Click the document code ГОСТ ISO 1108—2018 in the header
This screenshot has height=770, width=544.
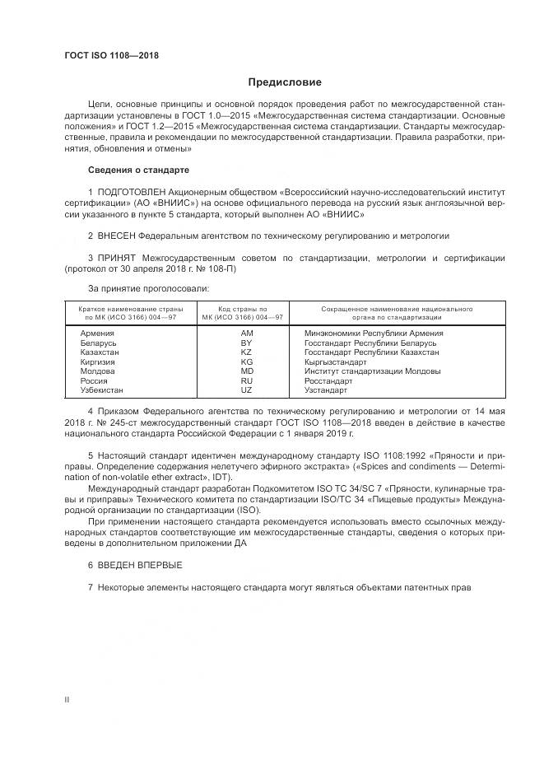point(111,56)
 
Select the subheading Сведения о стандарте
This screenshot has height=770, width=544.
point(138,170)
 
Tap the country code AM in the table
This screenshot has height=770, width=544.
point(246,333)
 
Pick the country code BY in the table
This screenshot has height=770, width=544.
point(246,342)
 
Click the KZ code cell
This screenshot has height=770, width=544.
point(246,352)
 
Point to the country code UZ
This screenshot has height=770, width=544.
point(246,390)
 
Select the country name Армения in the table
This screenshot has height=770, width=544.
point(98,333)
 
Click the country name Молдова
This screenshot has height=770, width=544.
point(98,371)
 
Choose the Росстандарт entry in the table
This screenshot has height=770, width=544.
point(328,380)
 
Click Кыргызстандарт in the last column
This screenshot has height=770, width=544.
point(335,362)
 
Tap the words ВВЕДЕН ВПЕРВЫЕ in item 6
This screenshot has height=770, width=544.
point(139,566)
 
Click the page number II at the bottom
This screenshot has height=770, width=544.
point(67,699)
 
